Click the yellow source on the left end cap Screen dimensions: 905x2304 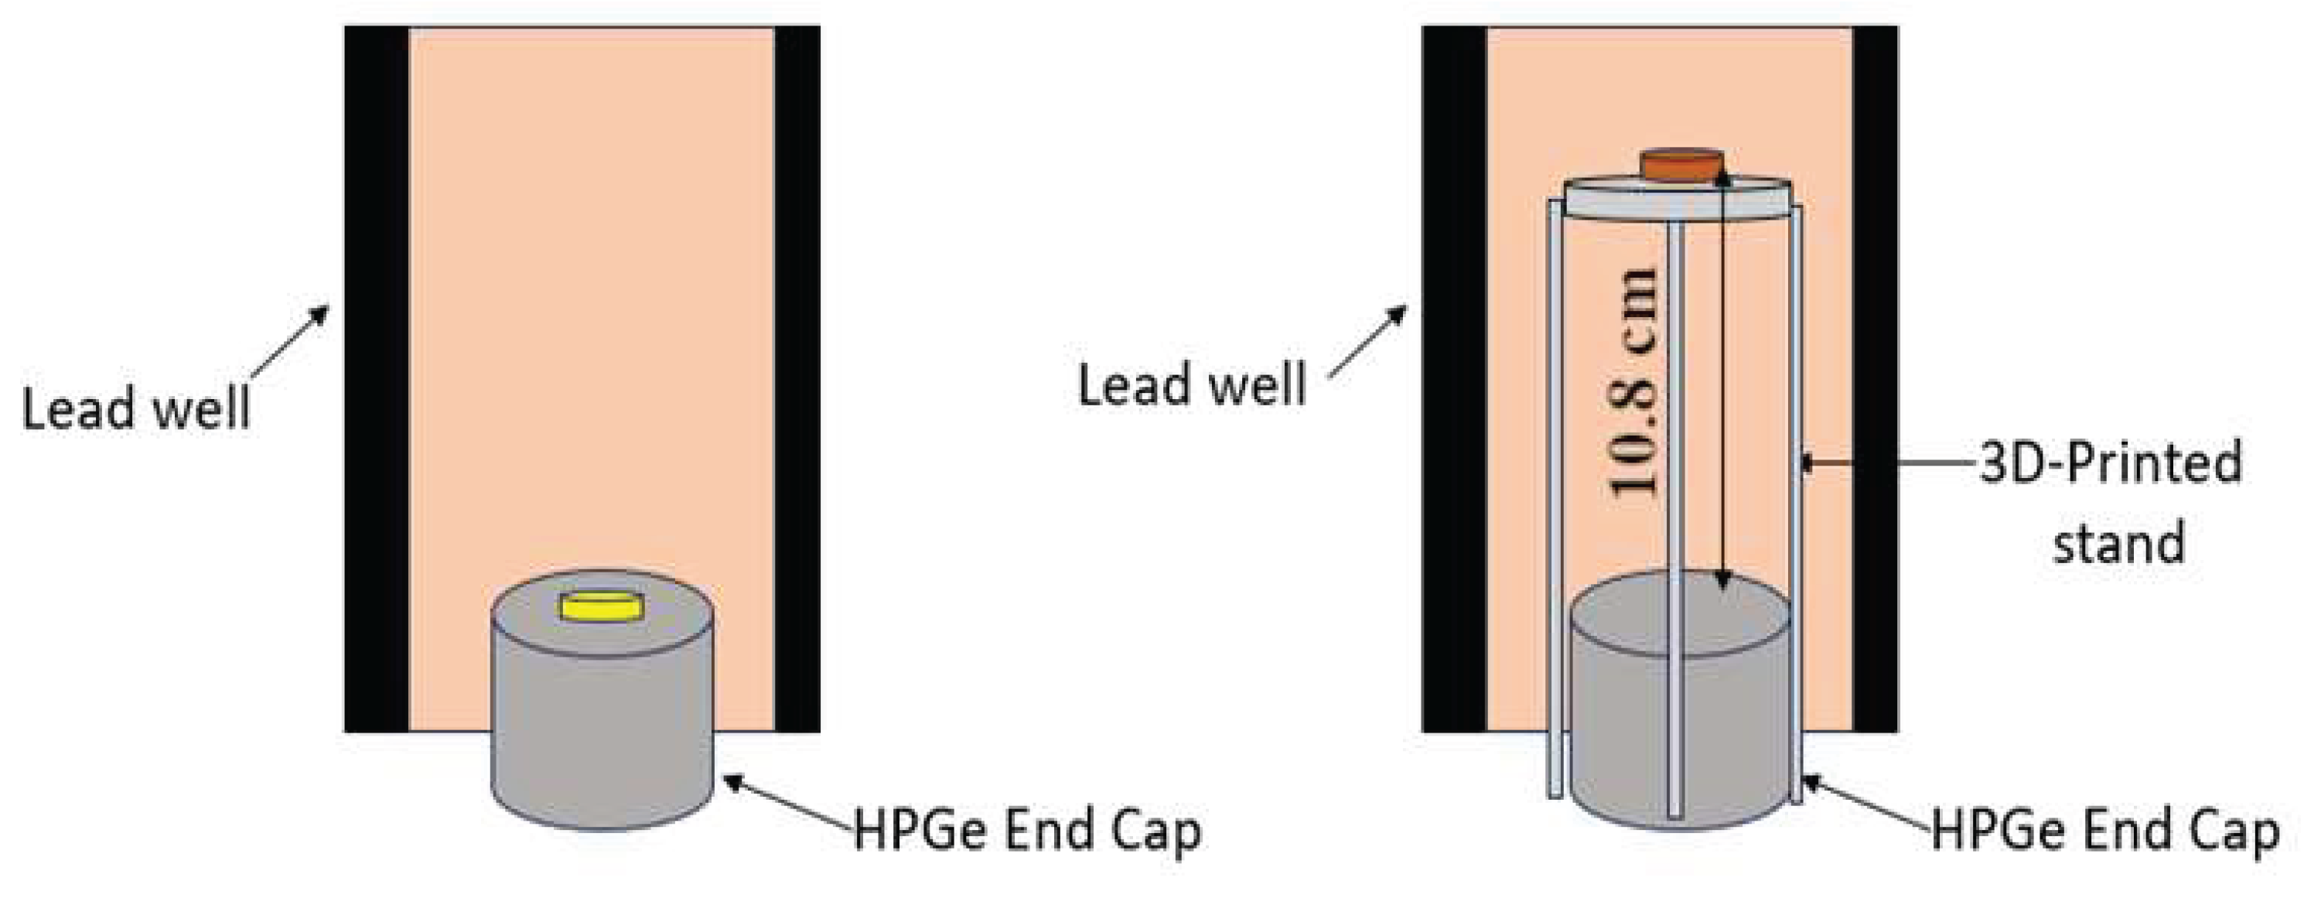pyautogui.click(x=601, y=606)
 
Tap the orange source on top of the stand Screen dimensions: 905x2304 pyautogui.click(x=1681, y=165)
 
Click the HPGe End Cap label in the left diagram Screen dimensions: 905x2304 pyautogui.click(x=1028, y=830)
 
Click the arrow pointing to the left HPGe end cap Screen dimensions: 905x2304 pyautogui.click(x=787, y=805)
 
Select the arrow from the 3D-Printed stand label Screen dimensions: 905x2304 pyautogui.click(x=1887, y=463)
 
